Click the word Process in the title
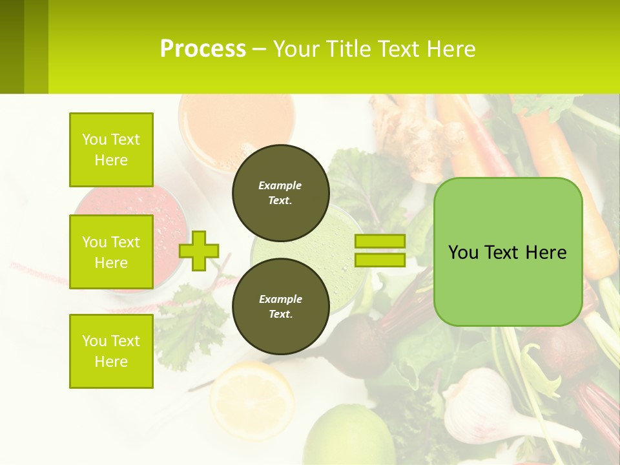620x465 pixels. click(x=203, y=49)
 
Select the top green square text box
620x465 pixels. click(x=111, y=150)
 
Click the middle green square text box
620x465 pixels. click(x=111, y=252)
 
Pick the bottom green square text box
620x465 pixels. click(x=111, y=351)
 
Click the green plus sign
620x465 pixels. click(x=199, y=251)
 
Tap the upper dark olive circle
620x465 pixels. click(x=280, y=193)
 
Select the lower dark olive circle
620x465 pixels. click(x=280, y=307)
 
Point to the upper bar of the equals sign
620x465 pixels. click(x=380, y=241)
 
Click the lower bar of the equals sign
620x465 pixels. click(x=380, y=260)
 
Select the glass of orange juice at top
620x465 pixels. click(x=236, y=123)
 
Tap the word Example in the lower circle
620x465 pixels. click(x=280, y=299)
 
